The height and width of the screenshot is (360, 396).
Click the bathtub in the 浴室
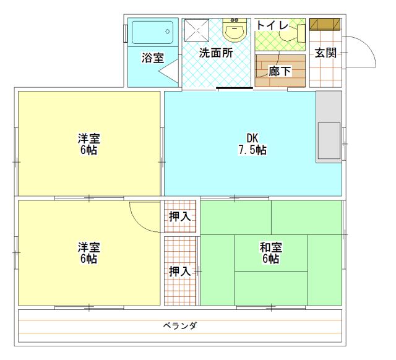tap(152, 32)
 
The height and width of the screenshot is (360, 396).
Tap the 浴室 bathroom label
tap(153, 58)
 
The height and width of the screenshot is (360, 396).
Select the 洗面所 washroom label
tap(215, 53)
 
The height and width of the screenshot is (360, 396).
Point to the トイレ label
tap(272, 25)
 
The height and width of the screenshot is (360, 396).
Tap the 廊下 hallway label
tap(280, 71)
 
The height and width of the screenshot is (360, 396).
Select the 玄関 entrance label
tap(325, 53)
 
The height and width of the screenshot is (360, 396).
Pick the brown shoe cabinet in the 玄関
tap(325, 24)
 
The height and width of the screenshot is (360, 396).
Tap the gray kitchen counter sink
tap(329, 141)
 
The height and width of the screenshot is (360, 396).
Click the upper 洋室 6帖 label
tap(89, 144)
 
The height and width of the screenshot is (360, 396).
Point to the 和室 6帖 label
tap(271, 253)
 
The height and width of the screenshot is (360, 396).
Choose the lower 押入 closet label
tap(179, 271)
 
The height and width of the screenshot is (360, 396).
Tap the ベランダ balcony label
tap(180, 325)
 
